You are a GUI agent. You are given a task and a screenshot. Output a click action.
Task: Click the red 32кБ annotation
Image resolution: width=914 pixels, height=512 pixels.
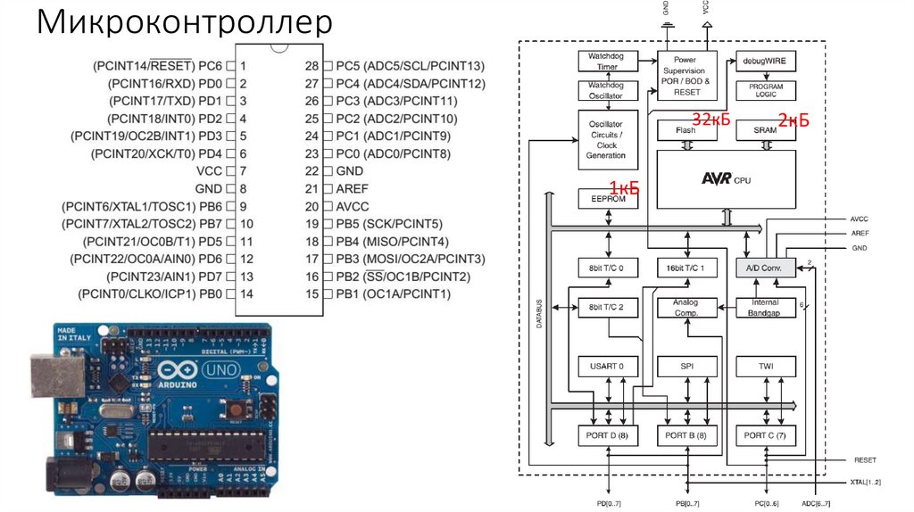click(x=711, y=120)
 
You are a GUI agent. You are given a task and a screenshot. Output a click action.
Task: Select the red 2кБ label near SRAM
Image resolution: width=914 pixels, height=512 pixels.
click(x=793, y=120)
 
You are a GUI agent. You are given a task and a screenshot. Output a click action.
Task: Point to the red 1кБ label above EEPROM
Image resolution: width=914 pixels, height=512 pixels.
click(x=623, y=186)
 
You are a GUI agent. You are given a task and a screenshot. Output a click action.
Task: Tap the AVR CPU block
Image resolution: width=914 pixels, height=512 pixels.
click(x=727, y=179)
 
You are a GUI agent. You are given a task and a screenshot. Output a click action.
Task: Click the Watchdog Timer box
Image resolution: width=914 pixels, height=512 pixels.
click(x=606, y=61)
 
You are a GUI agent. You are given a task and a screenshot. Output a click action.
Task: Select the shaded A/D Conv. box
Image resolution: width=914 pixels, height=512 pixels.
click(x=765, y=268)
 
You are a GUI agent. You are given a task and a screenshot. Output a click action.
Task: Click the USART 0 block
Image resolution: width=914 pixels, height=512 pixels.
click(x=607, y=367)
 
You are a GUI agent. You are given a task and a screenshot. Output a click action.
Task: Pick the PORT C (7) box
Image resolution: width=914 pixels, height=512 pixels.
click(x=765, y=436)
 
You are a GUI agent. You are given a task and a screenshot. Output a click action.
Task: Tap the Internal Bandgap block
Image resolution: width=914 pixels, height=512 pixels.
click(x=765, y=308)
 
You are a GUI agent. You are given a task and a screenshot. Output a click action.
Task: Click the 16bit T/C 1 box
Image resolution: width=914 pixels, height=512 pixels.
click(x=685, y=268)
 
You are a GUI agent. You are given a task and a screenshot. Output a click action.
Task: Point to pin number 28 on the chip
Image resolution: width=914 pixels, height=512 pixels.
click(x=312, y=66)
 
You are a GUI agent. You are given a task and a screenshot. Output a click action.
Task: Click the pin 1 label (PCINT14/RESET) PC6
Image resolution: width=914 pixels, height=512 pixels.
click(x=157, y=66)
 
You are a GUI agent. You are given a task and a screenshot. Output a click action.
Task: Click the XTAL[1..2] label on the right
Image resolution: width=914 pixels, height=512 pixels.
click(x=865, y=482)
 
